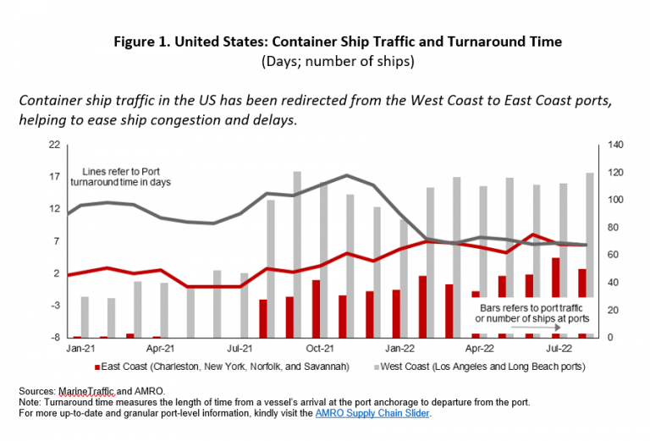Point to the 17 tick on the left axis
(x=54, y=177)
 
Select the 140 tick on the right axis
(x=612, y=145)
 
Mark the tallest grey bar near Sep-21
(x=298, y=254)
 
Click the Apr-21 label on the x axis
(x=160, y=347)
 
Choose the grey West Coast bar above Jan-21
(x=85, y=317)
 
